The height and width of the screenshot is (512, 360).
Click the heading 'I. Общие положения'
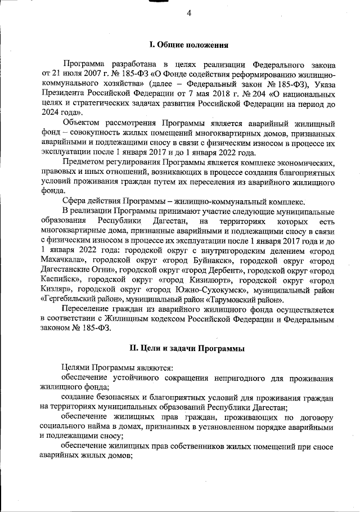(x=188, y=44)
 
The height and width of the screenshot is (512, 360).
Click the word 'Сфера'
(x=75, y=203)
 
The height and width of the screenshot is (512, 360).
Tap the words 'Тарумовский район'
(x=247, y=300)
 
